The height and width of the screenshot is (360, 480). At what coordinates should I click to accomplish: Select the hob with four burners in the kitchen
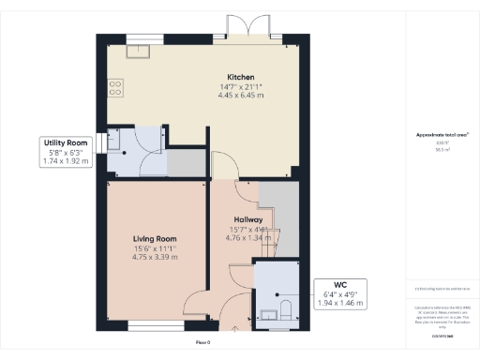point(115,87)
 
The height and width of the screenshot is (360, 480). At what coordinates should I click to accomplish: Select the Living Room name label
point(155,239)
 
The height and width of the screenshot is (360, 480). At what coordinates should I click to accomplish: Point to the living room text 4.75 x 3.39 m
point(155,257)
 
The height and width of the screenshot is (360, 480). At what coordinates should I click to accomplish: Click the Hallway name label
point(249,219)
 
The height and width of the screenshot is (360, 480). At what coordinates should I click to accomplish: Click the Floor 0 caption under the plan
point(203,343)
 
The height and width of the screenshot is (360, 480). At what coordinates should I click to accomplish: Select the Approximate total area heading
point(441,135)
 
